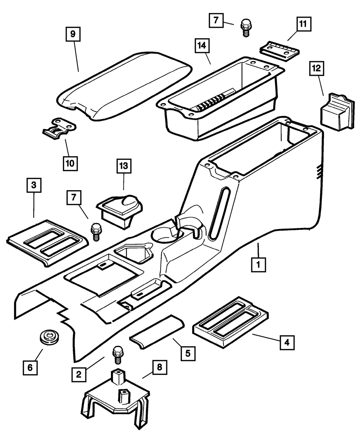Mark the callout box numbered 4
click(287, 343)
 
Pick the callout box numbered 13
click(124, 167)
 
